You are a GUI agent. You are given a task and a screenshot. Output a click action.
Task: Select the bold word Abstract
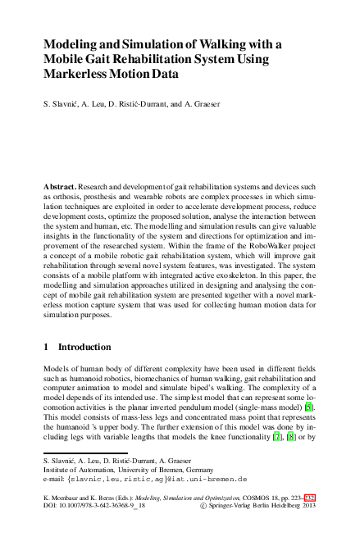pos(62,187)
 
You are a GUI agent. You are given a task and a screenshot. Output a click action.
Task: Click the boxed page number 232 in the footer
pos(309,497)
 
